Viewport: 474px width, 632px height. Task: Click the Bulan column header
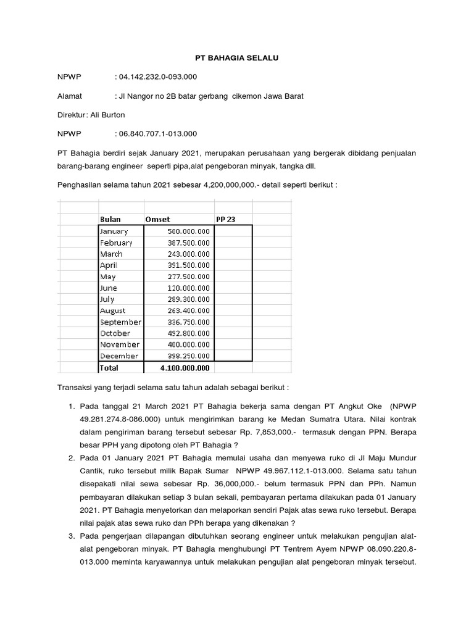110,219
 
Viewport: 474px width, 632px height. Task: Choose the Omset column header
157,219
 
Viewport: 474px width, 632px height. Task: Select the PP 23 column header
225,219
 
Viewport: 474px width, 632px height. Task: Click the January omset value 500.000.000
188,231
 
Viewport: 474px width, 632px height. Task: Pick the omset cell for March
188,254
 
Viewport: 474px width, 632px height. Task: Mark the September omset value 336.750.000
188,322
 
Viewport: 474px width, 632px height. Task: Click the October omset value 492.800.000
188,333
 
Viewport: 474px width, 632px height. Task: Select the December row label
120,356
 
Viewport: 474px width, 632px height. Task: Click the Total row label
109,368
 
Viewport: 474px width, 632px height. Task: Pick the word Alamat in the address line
70,96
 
